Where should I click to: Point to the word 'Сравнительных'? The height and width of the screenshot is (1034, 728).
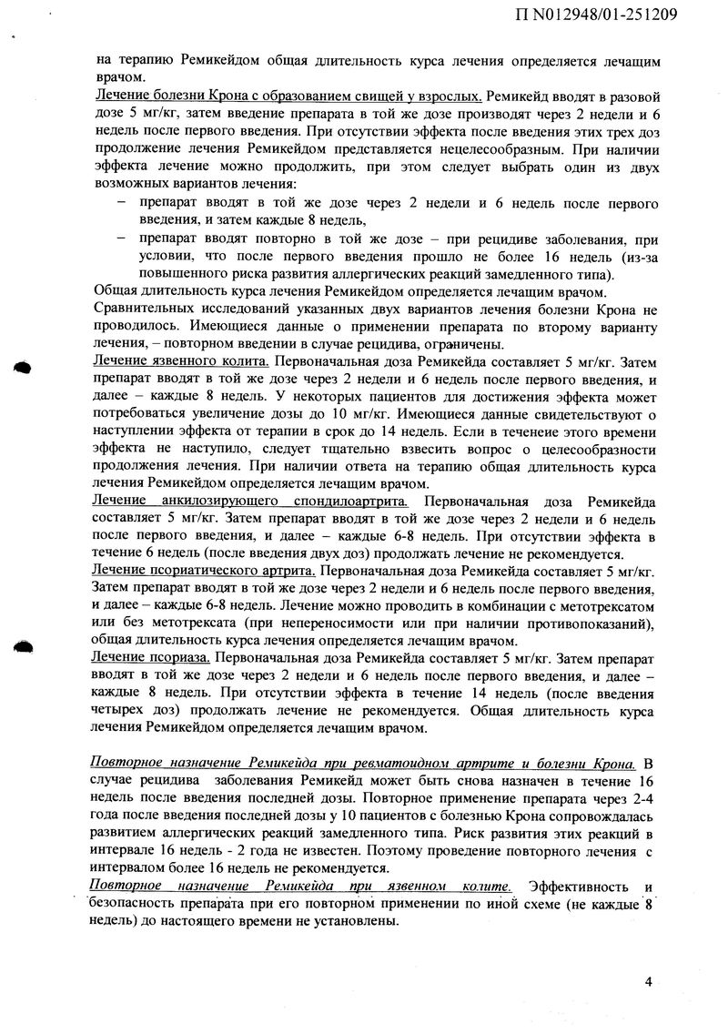(x=146, y=309)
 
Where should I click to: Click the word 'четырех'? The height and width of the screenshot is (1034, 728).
(x=126, y=709)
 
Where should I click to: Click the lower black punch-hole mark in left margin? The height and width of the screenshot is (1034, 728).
(x=22, y=644)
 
